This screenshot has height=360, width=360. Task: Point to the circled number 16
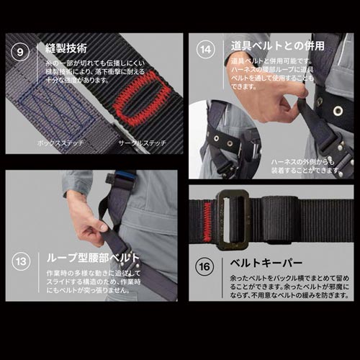(x=207, y=266)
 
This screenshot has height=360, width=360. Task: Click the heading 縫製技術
(x=66, y=49)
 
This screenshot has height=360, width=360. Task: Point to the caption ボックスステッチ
(x=60, y=143)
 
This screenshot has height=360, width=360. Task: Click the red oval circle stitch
(x=141, y=99)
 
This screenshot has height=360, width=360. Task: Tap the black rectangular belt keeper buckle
(x=232, y=215)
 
